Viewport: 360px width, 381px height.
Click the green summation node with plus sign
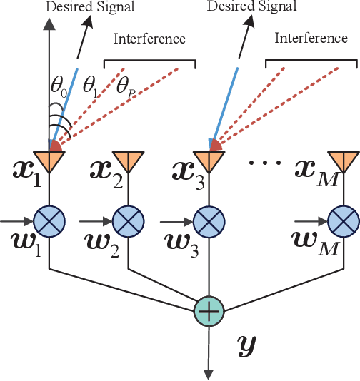pyautogui.click(x=209, y=310)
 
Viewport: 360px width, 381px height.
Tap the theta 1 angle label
pyautogui.click(x=91, y=87)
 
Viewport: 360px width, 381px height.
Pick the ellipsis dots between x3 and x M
pyautogui.click(x=263, y=163)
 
